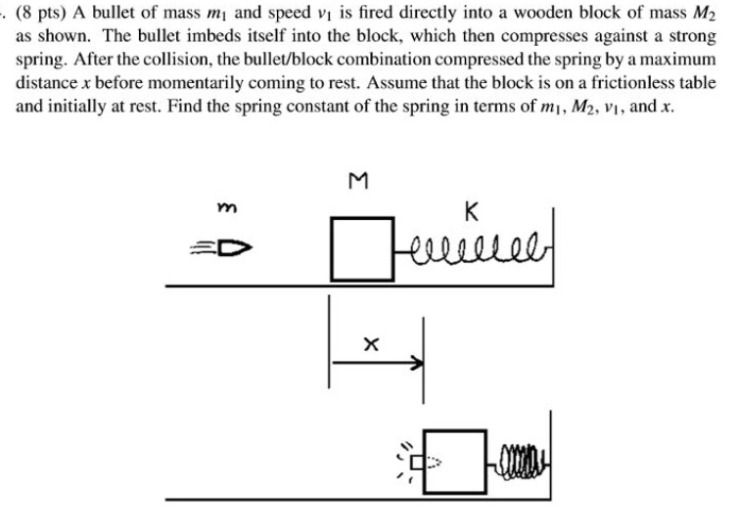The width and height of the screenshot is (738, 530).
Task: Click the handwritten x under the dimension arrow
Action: (x=370, y=342)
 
